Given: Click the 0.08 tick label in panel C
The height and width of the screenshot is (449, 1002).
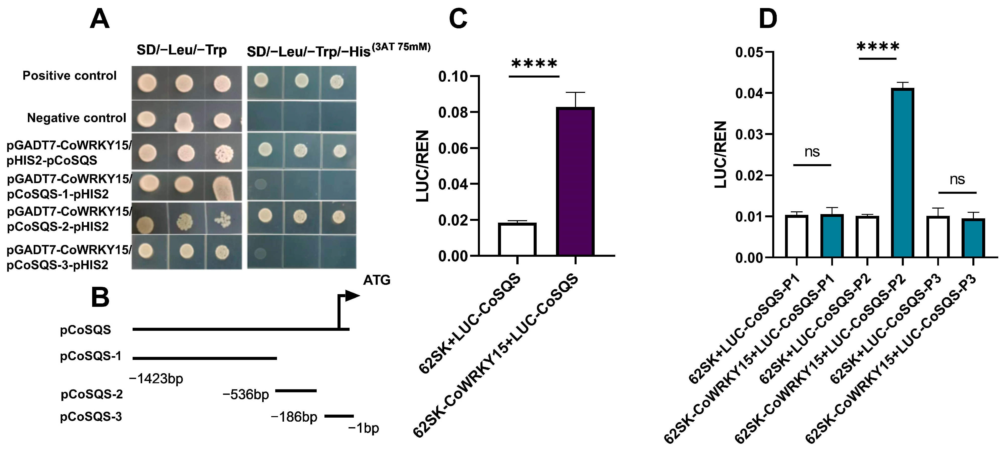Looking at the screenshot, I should tap(453, 113).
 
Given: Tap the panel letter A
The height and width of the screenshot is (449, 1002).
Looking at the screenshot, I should tap(100, 19).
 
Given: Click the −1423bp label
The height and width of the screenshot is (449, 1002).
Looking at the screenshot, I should tap(156, 378).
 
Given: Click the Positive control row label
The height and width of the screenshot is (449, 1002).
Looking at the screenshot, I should tap(70, 75).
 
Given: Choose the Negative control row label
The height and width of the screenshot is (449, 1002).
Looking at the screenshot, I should tap(77, 118).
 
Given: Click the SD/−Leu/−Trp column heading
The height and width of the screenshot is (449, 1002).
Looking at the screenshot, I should tap(182, 50).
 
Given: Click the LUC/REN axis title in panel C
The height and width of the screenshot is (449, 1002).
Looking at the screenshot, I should tap(422, 166).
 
